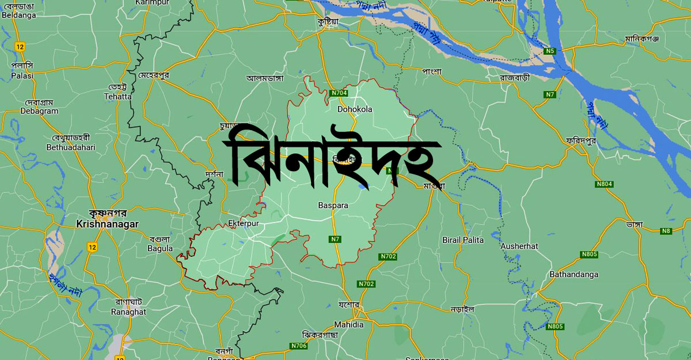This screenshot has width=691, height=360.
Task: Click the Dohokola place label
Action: click(355, 109)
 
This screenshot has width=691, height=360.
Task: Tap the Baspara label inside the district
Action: click(333, 204)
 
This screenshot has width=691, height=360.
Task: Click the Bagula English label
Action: click(160, 248)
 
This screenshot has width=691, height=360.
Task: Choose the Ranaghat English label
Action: click(129, 312)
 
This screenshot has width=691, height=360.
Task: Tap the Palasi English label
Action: click(22, 75)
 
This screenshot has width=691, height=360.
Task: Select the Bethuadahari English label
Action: click(71, 147)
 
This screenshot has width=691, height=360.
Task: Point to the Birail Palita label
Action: click(462, 240)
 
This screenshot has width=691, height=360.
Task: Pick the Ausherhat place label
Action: click(519, 246)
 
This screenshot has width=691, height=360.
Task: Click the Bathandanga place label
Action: click(574, 274)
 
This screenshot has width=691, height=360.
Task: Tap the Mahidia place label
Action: click(349, 324)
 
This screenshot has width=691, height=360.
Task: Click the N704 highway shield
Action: click(339, 93)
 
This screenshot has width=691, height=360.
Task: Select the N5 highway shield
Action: click(551, 51)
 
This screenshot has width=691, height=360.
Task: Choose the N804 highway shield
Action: click(604, 184)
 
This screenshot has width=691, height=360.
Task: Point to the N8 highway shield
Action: click(667, 231)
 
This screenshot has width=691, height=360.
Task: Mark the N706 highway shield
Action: click(299, 346)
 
